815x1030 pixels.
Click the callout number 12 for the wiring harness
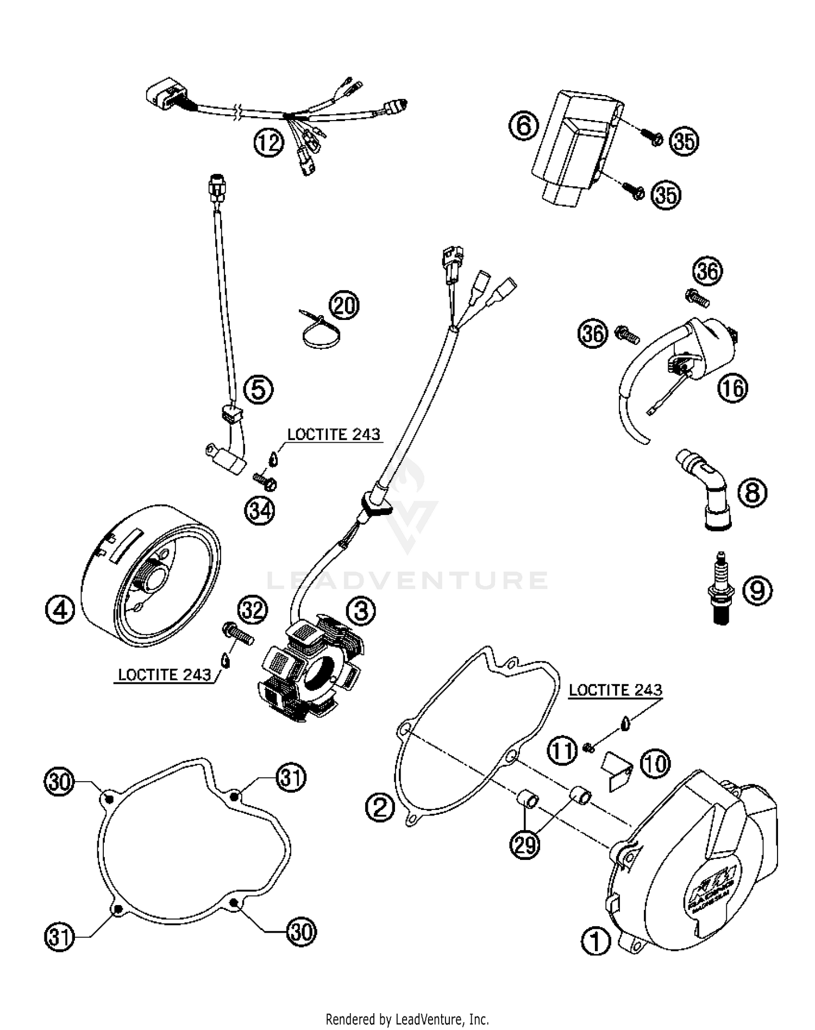268,143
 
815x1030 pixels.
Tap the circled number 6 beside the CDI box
523,127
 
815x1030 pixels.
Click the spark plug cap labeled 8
709,492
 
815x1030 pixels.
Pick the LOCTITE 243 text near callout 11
615,690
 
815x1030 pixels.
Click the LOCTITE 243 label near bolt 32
164,675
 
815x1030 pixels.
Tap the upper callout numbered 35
684,141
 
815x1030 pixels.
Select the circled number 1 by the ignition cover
596,941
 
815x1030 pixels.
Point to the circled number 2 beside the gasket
379,807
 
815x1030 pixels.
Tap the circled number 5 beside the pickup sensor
258,389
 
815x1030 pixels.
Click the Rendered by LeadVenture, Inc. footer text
407,1019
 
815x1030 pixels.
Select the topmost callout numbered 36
707,271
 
